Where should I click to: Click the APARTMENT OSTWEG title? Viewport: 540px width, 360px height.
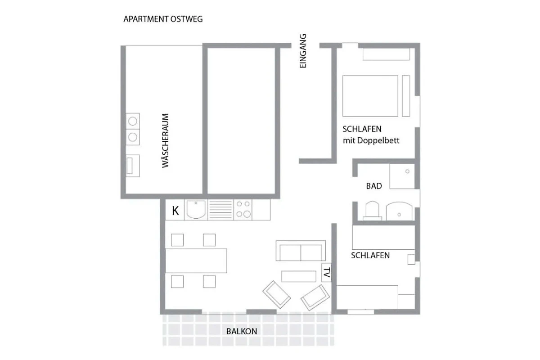coord(163,19)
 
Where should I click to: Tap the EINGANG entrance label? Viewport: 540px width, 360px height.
coord(303,51)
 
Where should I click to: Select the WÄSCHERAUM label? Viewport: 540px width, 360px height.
coord(165,140)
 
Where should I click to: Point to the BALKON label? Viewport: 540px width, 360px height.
coord(242,331)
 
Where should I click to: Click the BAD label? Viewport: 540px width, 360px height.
coord(374,186)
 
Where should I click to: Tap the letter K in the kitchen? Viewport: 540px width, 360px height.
coord(175,211)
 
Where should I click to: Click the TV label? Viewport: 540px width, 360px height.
coord(326,272)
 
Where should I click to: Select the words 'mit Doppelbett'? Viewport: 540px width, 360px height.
coord(371,140)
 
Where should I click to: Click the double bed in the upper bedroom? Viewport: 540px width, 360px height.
coord(370,96)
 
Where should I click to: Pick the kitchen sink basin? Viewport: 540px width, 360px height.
coord(196,210)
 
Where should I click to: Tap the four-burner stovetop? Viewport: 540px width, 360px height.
coord(243,210)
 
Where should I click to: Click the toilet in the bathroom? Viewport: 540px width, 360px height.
coord(372,211)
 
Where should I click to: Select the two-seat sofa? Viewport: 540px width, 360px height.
coord(301,251)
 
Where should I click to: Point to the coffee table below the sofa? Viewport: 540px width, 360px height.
coord(299,276)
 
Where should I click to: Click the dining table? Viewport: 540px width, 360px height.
coord(196,261)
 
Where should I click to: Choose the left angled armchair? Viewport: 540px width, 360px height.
coord(276,294)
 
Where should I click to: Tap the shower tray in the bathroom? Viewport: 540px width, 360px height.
coord(402,176)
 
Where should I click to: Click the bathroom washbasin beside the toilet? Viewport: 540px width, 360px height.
coord(399,211)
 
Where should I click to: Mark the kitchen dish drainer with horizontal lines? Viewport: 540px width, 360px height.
coord(220,210)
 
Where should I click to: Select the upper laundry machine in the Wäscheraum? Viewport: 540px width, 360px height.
coord(133,121)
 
